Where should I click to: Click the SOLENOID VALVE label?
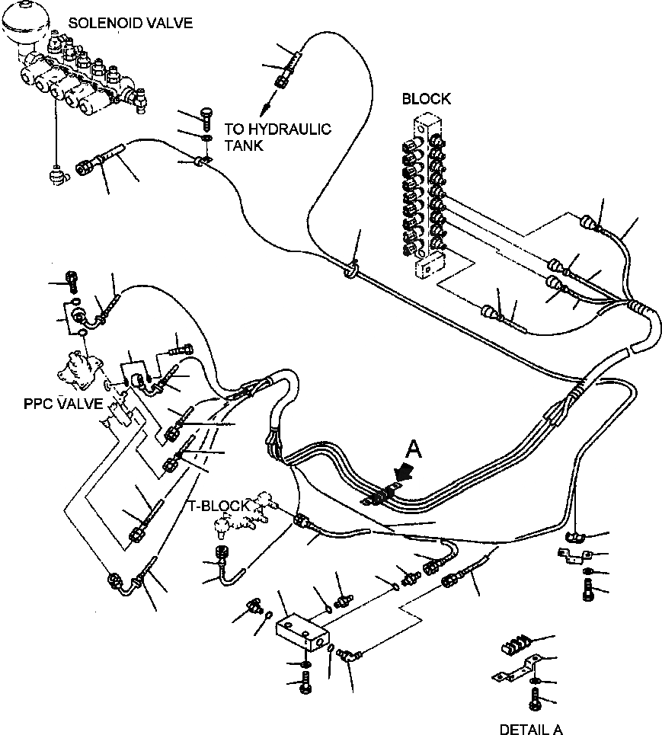point(130,23)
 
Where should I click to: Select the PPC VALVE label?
point(63,404)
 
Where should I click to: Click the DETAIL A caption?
point(531,729)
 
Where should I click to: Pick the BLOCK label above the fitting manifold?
point(426,98)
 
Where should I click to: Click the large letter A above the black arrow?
point(413,450)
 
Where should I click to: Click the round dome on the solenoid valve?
point(24,30)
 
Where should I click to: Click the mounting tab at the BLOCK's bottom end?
point(430,267)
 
